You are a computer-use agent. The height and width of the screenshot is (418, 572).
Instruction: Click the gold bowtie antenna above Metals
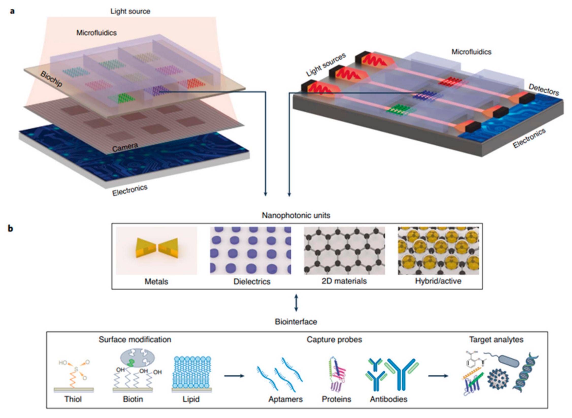click(x=157, y=248)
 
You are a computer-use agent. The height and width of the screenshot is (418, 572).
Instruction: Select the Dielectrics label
click(x=252, y=281)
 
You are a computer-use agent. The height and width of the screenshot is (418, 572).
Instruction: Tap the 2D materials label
click(x=344, y=281)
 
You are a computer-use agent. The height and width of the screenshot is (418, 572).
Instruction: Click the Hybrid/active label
click(x=438, y=281)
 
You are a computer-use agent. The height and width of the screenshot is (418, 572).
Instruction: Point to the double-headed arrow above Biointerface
click(x=296, y=303)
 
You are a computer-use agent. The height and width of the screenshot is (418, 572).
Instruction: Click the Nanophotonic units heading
click(x=296, y=215)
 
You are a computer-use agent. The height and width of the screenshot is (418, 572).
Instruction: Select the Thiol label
click(x=73, y=399)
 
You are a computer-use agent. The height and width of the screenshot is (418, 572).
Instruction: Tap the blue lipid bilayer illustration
click(x=192, y=373)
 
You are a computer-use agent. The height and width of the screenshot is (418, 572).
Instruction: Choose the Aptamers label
click(x=286, y=399)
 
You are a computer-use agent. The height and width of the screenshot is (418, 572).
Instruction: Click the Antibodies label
click(x=388, y=399)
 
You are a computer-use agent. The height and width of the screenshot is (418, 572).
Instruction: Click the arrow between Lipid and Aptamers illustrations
click(x=234, y=376)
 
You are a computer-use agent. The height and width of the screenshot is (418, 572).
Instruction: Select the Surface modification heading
click(x=135, y=340)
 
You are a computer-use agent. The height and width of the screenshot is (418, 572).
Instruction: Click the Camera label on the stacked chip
click(x=125, y=147)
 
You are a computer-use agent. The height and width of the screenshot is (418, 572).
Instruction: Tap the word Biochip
click(x=51, y=79)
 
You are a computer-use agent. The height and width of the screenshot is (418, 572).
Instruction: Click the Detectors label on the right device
click(x=544, y=90)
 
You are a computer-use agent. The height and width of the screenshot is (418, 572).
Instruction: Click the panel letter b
click(x=10, y=228)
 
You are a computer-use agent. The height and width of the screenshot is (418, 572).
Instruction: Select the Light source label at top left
click(x=130, y=11)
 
